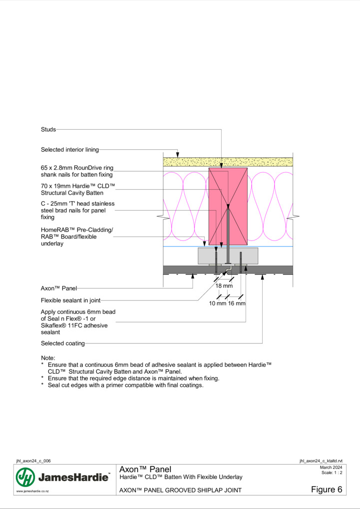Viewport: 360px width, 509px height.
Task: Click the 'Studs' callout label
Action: coord(48,130)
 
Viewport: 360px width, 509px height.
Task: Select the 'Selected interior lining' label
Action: coord(70,150)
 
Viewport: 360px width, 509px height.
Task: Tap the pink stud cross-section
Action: coord(228,207)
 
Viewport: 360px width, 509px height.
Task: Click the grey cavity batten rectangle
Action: coord(228,256)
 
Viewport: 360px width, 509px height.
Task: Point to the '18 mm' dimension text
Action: coord(224,286)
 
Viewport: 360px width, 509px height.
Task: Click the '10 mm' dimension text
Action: coord(217,303)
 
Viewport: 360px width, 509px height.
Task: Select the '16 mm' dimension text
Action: coord(237,303)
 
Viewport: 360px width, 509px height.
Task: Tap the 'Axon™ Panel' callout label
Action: coord(59,288)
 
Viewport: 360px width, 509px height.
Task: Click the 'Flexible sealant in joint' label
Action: coord(71,300)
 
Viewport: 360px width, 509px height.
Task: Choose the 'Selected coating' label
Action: coord(63,343)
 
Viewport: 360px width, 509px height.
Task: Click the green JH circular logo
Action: coord(25,477)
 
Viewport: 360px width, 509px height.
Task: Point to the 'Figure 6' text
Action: coord(327,490)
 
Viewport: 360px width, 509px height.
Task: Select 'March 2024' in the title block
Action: coord(331,468)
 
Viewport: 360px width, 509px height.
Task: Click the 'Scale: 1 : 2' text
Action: coord(332,473)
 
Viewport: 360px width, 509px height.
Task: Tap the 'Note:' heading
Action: coord(48,358)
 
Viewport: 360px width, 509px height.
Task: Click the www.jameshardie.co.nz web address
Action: coord(32,491)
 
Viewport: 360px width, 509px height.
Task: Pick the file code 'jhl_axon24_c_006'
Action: coord(33,461)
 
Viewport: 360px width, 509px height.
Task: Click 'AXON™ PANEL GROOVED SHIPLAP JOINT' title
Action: coord(180,490)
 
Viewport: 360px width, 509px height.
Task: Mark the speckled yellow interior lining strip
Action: coord(228,162)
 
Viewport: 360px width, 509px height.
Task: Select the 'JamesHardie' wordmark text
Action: coord(74,478)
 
